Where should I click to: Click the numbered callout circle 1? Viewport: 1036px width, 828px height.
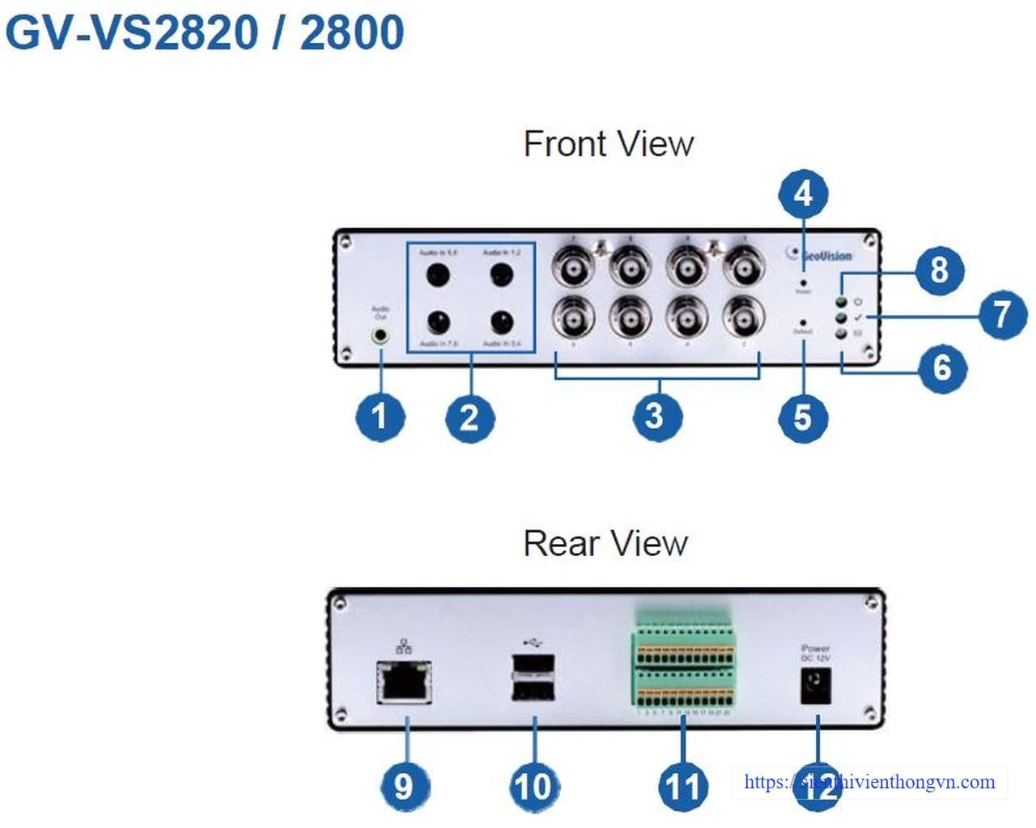pyautogui.click(x=379, y=417)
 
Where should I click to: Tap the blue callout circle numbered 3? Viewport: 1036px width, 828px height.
pyautogui.click(x=656, y=416)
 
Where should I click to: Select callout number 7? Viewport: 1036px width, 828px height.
pyautogui.click(x=1002, y=314)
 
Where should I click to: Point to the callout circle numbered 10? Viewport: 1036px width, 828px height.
pyautogui.click(x=535, y=785)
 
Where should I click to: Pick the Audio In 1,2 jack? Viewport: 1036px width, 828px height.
pyautogui.click(x=502, y=276)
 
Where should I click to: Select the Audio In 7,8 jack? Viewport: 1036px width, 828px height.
pyautogui.click(x=439, y=322)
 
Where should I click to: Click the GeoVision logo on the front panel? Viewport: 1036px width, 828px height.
pyautogui.click(x=819, y=255)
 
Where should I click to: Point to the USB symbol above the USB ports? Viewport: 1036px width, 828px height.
pyautogui.click(x=532, y=643)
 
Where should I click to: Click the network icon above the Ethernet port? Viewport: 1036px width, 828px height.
pyautogui.click(x=403, y=646)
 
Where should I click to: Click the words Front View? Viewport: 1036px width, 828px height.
pyautogui.click(x=609, y=144)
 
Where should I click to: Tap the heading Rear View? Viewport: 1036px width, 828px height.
pyautogui.click(x=605, y=543)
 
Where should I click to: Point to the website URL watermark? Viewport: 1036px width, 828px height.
pyautogui.click(x=869, y=782)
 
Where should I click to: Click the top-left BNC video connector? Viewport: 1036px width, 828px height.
pyautogui.click(x=572, y=266)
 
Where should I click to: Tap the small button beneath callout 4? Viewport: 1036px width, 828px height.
pyautogui.click(x=802, y=283)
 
